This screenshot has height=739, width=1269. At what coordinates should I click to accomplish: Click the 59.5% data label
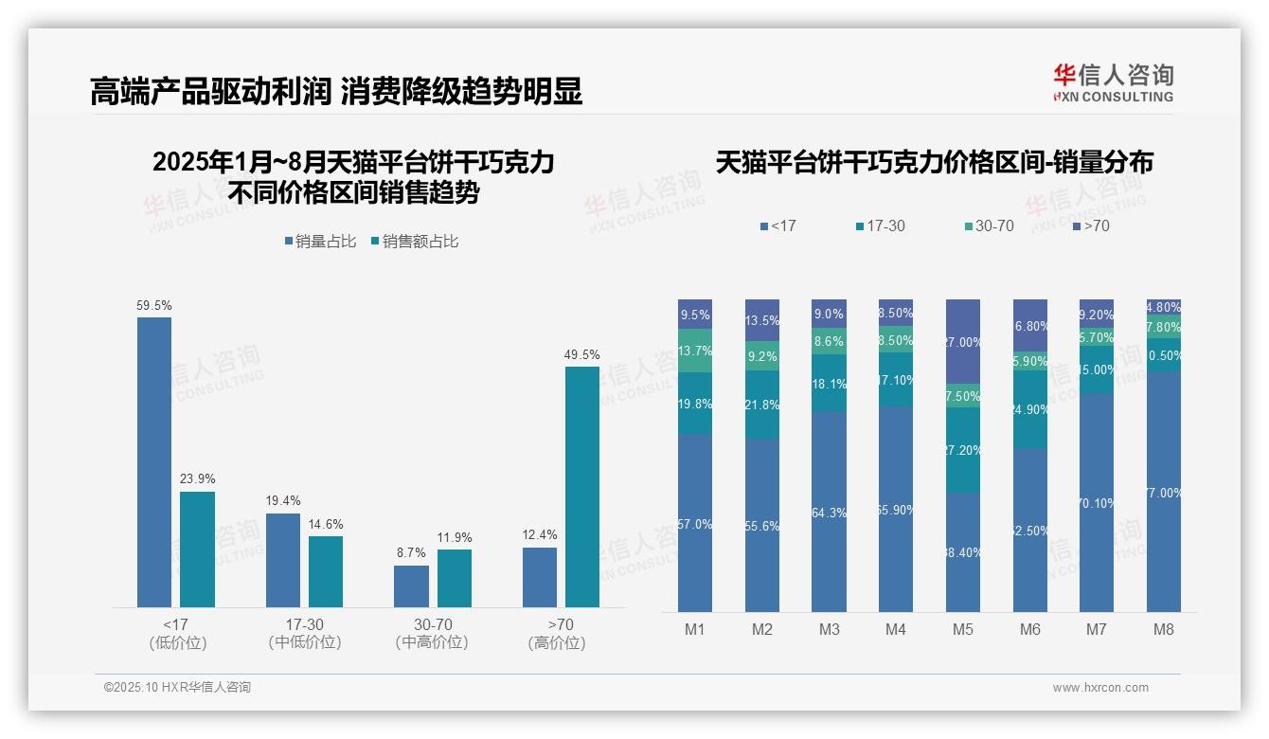coord(154,306)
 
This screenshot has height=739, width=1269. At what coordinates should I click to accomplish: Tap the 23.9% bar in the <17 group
coord(197,549)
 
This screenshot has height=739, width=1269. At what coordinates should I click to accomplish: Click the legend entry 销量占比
coord(320,242)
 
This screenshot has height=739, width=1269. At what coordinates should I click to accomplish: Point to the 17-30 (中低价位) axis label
coord(304,633)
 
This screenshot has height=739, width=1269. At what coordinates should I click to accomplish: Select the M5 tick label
coord(963,629)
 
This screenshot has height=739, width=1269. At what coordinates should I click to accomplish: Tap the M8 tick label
coord(1164,629)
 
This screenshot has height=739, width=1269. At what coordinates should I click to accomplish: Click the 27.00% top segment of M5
coord(963,341)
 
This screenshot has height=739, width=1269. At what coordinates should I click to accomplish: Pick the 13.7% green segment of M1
coord(695,351)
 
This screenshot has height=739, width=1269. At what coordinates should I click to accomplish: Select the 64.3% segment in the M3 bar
coord(830,512)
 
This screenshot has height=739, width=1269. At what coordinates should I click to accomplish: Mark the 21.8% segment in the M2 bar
coord(762,405)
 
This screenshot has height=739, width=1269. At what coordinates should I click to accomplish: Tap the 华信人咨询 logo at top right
coord(1113,82)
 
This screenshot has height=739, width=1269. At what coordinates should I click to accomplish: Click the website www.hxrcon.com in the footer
coord(1100,688)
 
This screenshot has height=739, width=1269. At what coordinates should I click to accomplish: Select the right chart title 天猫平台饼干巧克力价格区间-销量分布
coord(934,163)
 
